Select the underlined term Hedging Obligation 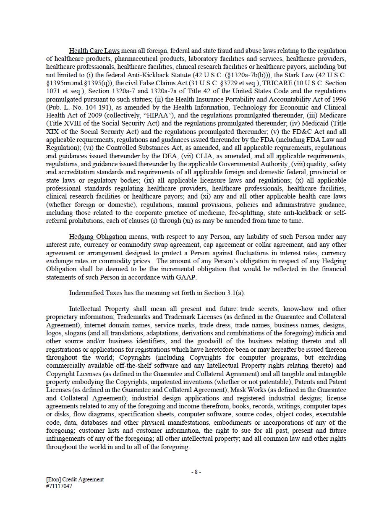(x=97, y=237)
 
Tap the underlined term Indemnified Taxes (x=94, y=293)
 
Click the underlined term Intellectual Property (x=99, y=309)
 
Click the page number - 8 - (x=196, y=472)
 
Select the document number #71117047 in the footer (x=59, y=486)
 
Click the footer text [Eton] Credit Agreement (x=75, y=479)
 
